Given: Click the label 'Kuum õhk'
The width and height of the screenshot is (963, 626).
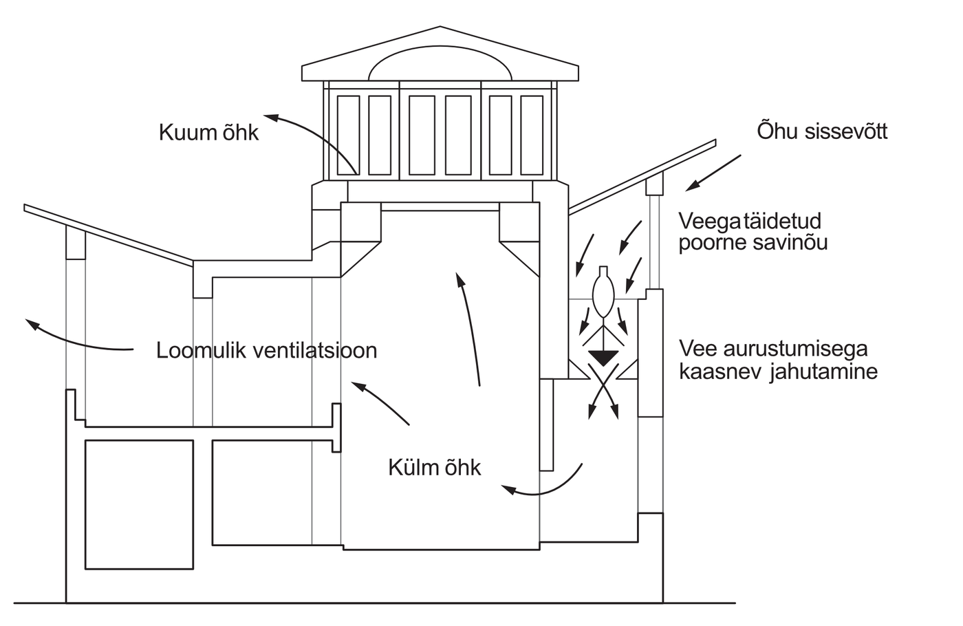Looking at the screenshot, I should [208, 132].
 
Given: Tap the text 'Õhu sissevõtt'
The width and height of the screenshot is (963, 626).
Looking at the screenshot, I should [821, 131].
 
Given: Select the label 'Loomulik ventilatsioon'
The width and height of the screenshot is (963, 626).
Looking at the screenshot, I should [267, 350].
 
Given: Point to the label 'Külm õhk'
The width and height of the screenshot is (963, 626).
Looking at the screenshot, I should [434, 468].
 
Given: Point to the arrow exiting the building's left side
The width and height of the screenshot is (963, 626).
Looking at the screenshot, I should [76, 337].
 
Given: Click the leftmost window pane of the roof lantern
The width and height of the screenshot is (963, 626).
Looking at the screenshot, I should [348, 134].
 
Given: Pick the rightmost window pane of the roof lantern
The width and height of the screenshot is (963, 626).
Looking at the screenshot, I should [532, 134].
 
